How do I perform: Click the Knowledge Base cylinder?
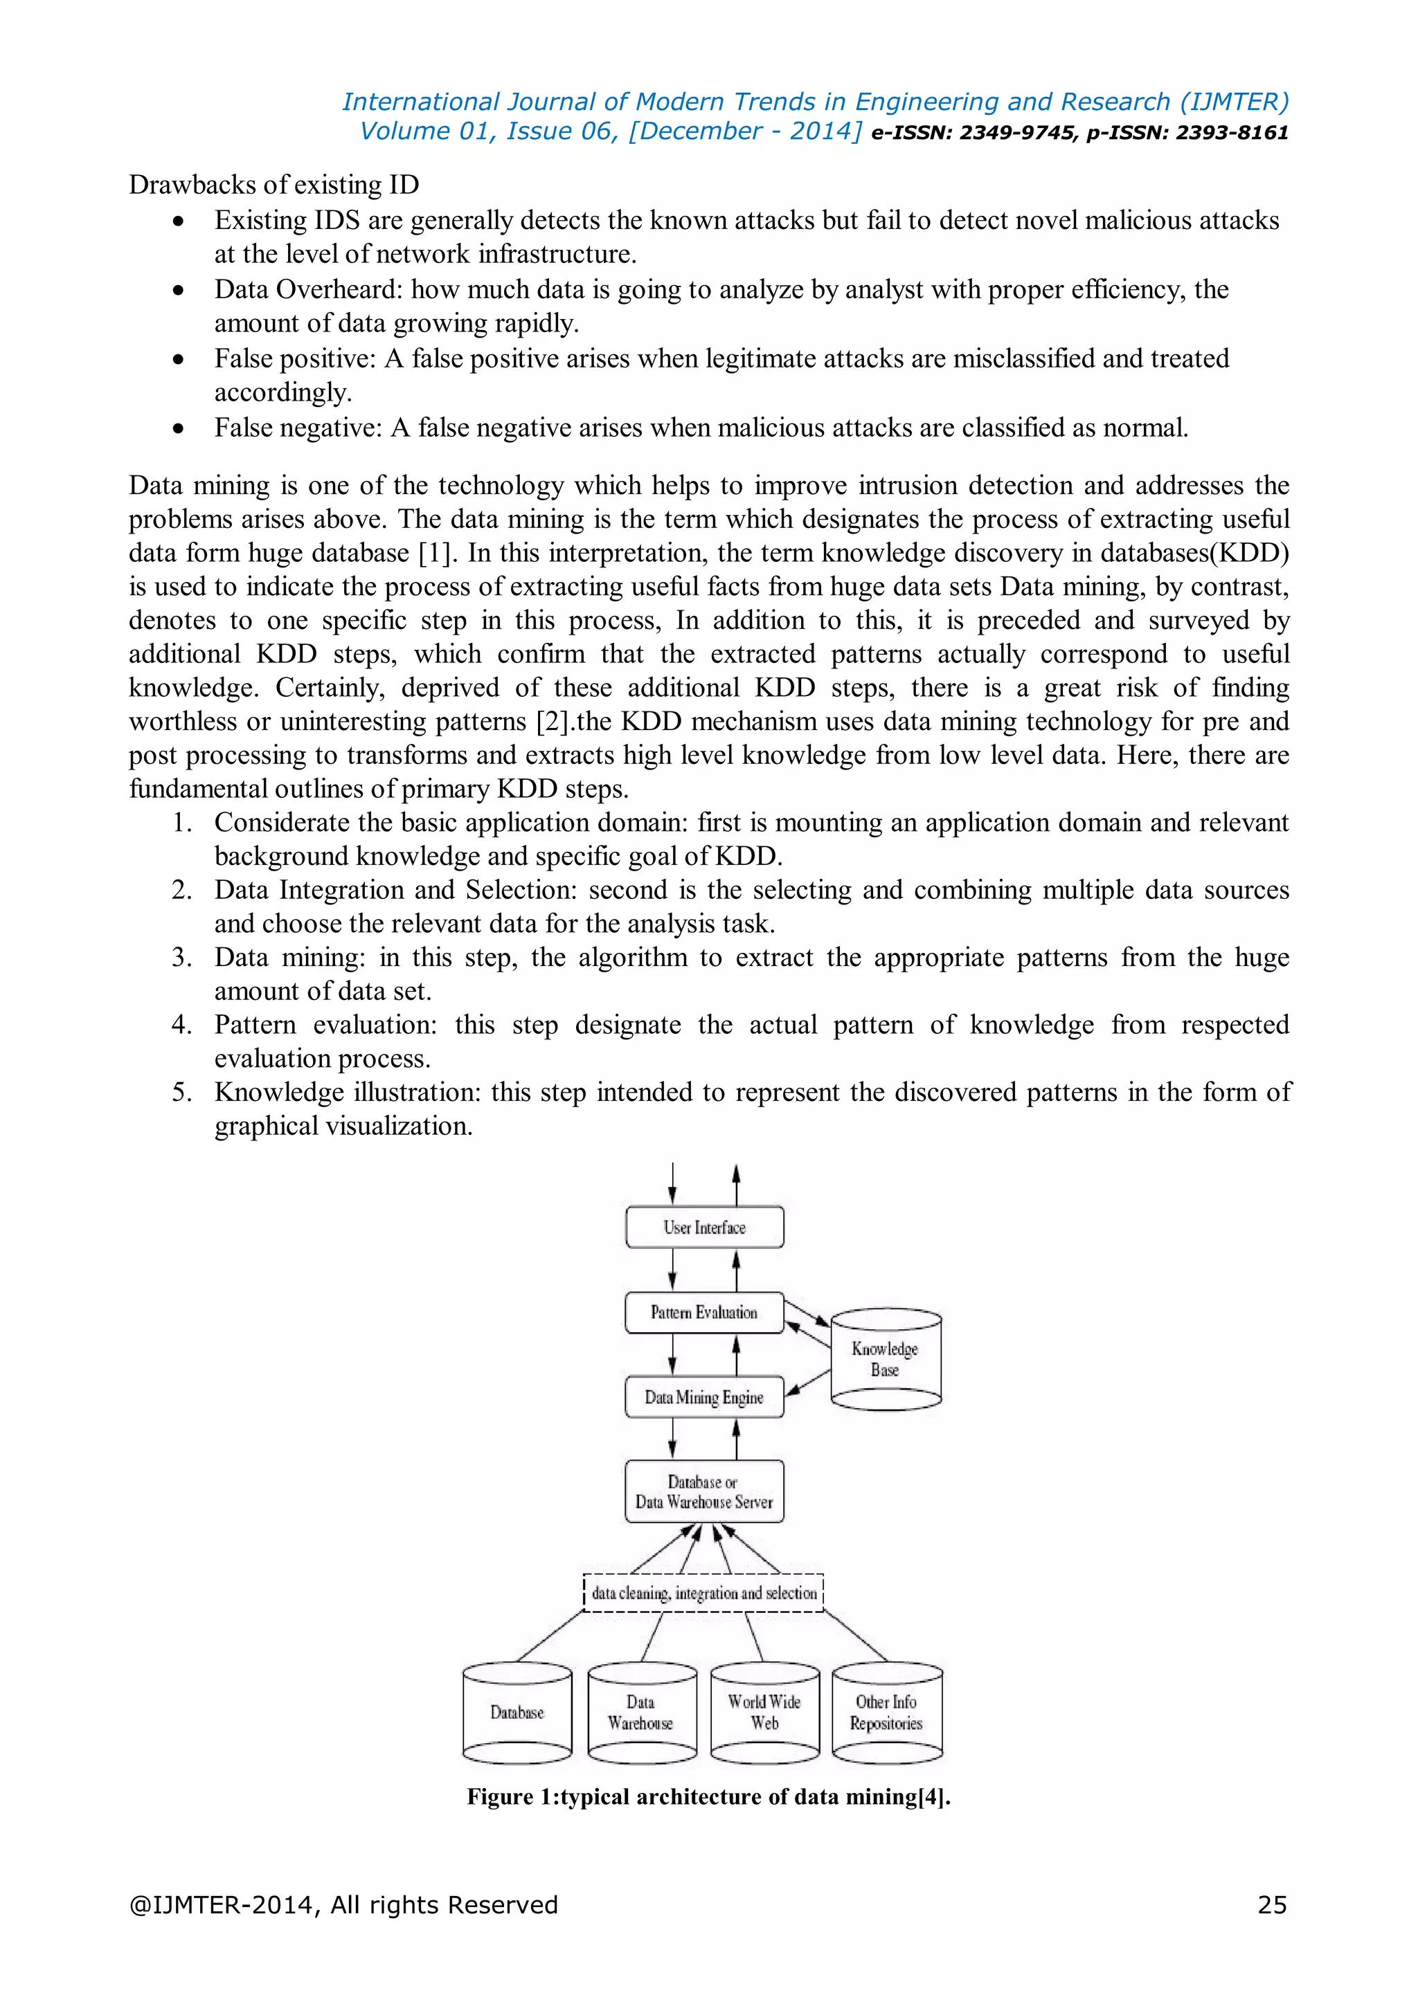pyautogui.click(x=886, y=1359)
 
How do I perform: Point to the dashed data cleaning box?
pyautogui.click(x=703, y=1593)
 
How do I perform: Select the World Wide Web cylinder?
pyautogui.click(x=765, y=1713)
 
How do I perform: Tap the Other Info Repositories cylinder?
pyautogui.click(x=886, y=1713)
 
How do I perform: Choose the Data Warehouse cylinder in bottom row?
pyautogui.click(x=642, y=1713)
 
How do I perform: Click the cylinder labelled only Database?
pyautogui.click(x=517, y=1713)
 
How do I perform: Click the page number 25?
pyautogui.click(x=1271, y=1904)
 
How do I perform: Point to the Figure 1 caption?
pyautogui.click(x=708, y=1796)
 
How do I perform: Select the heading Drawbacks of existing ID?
pyautogui.click(x=274, y=185)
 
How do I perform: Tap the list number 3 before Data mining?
pyautogui.click(x=181, y=958)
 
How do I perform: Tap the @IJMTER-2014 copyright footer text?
pyautogui.click(x=343, y=1904)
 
